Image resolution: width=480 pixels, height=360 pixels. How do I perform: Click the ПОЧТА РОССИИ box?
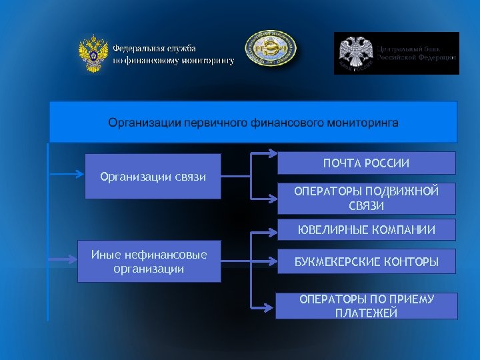pos(366,163)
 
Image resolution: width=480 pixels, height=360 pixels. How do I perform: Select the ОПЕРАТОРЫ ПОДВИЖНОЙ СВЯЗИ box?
pos(366,199)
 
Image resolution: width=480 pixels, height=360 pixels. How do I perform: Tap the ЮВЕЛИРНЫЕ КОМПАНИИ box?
pos(366,230)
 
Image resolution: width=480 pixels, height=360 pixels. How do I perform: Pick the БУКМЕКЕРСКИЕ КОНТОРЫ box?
pos(366,261)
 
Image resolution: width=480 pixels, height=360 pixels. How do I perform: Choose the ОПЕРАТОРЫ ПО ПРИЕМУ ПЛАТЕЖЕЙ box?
pos(366,306)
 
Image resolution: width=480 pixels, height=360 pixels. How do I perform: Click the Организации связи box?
pos(153,177)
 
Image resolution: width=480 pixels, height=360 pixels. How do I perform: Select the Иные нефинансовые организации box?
pos(149,261)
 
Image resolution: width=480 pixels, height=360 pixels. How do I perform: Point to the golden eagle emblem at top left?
pos(93,54)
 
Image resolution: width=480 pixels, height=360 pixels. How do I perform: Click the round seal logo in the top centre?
pos(270,49)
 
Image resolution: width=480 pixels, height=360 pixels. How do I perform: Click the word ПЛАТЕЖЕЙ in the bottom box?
pos(366,313)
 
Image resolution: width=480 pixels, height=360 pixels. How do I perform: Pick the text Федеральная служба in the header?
pos(154,49)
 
